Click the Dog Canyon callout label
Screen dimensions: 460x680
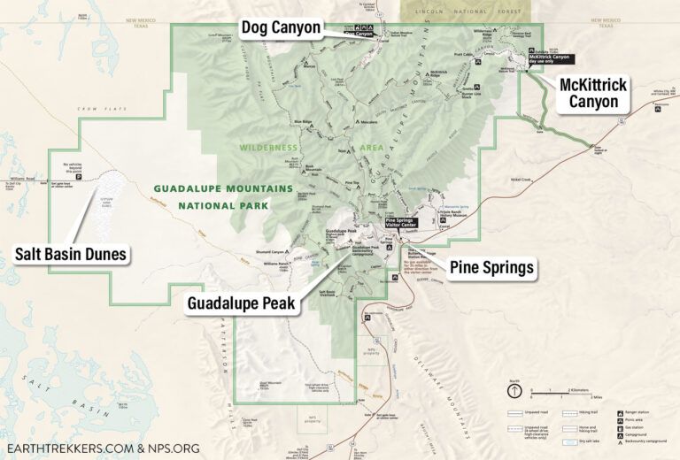282,28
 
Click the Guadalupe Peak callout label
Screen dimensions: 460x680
242,303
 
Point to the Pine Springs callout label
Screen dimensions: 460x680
492,266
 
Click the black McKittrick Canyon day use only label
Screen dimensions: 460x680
551,59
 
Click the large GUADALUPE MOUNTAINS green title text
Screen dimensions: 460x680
222,188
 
